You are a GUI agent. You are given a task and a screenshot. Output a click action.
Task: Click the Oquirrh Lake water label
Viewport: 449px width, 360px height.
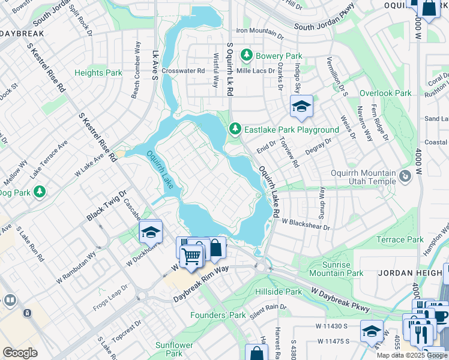(160, 170)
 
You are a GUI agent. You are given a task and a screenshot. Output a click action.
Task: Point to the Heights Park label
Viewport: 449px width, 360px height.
(98, 73)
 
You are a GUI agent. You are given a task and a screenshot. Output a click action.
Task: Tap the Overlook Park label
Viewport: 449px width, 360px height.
(385, 93)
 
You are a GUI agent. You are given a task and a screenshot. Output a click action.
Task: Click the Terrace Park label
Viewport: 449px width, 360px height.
(400, 239)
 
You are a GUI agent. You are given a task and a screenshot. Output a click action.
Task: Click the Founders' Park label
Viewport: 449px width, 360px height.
(218, 315)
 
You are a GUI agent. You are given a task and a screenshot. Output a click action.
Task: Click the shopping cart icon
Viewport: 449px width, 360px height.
(191, 256)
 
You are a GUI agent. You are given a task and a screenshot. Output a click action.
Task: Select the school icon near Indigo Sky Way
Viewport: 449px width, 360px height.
(301, 107)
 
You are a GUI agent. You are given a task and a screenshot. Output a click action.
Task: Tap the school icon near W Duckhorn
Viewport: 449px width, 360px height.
(151, 231)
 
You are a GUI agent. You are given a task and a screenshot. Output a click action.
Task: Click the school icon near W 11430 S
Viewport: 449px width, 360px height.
(372, 331)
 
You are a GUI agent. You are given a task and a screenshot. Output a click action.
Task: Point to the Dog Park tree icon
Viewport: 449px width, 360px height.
(40, 192)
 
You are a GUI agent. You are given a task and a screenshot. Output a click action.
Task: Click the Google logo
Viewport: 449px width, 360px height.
(20, 353)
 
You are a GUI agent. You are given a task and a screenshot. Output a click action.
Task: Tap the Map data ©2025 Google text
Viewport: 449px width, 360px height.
(412, 355)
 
